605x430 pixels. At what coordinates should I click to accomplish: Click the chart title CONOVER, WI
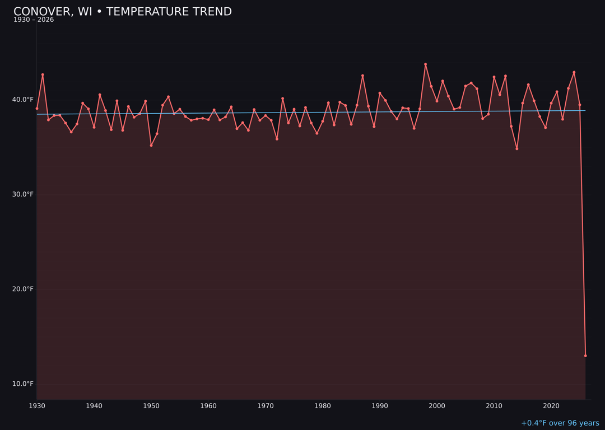(122, 12)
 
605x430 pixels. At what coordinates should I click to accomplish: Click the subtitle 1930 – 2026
(34, 20)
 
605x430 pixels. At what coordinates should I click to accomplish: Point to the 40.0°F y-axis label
(24, 100)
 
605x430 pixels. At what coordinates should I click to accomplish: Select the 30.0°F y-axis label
(24, 194)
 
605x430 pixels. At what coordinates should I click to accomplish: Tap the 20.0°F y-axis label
(24, 289)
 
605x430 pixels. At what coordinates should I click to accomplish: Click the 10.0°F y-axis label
(24, 384)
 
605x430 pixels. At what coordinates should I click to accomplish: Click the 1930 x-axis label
(36, 406)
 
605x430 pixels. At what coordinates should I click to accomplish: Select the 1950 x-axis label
(151, 406)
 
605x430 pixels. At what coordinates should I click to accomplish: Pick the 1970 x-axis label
(266, 406)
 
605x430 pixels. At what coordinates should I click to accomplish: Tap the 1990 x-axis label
(380, 406)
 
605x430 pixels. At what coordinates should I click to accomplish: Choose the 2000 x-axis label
(437, 406)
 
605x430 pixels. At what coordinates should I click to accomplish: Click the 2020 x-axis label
(551, 406)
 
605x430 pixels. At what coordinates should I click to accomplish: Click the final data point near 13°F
(585, 356)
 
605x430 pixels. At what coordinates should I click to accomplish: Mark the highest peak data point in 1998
(425, 64)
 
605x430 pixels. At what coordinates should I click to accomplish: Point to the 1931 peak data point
(43, 74)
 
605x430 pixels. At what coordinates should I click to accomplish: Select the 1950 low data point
(151, 146)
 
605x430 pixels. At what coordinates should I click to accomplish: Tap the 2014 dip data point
(517, 148)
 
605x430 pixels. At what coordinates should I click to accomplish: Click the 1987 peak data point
(362, 76)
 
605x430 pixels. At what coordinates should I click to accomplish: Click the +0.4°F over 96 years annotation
(560, 423)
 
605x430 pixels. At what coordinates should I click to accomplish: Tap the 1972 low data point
(277, 139)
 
